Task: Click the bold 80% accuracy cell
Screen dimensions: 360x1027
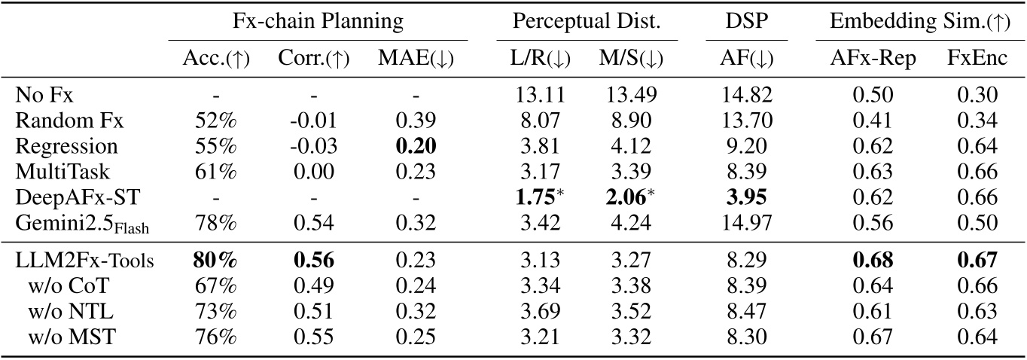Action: point(212,260)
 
